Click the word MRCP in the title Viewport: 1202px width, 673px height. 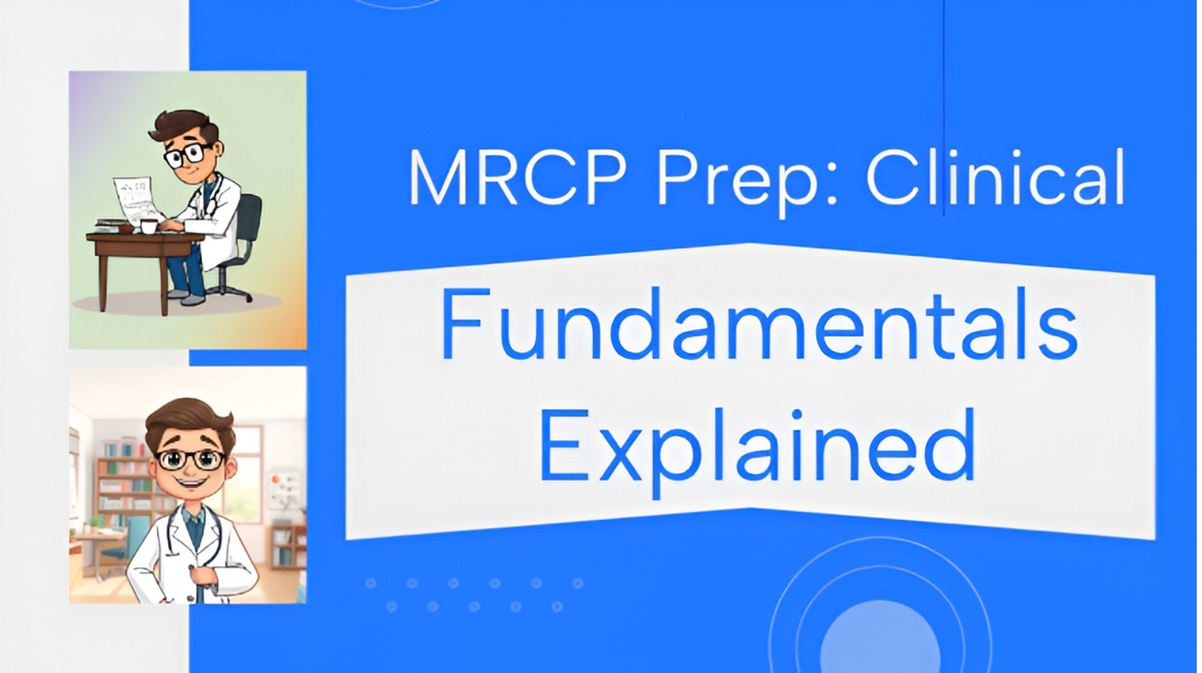point(517,179)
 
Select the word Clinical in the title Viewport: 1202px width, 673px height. point(995,179)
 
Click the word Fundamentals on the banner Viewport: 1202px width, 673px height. point(759,325)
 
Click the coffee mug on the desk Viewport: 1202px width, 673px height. point(148,226)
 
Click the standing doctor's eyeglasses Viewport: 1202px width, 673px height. point(190,459)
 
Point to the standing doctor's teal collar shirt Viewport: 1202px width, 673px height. point(195,526)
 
